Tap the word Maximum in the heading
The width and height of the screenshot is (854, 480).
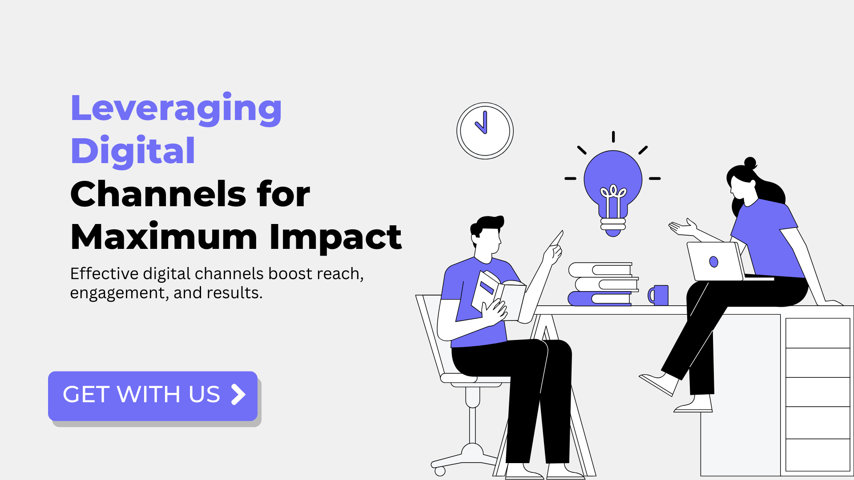(x=164, y=236)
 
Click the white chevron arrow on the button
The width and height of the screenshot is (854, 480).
(x=238, y=394)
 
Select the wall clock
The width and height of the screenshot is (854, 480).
(x=485, y=131)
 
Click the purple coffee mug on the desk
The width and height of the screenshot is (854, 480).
(x=658, y=295)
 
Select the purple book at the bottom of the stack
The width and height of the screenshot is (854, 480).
(x=600, y=299)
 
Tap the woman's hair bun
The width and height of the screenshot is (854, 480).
(x=750, y=163)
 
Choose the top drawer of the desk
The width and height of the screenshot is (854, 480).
(x=818, y=333)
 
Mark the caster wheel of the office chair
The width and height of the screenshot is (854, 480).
(x=440, y=471)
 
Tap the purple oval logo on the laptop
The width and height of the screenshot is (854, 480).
(x=713, y=262)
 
